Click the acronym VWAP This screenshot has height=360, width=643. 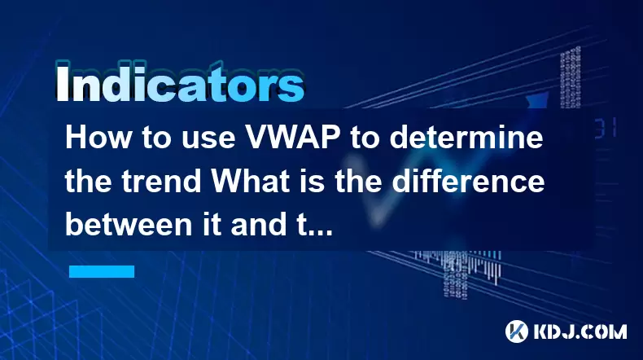292,138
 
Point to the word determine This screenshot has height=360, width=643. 466,138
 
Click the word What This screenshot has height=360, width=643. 250,182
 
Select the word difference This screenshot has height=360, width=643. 468,182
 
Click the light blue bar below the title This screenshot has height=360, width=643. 102,271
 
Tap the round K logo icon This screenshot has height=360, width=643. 517,331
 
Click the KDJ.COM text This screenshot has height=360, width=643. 580,331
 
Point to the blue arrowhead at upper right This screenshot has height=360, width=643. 537,100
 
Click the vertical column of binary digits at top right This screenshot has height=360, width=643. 571,77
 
